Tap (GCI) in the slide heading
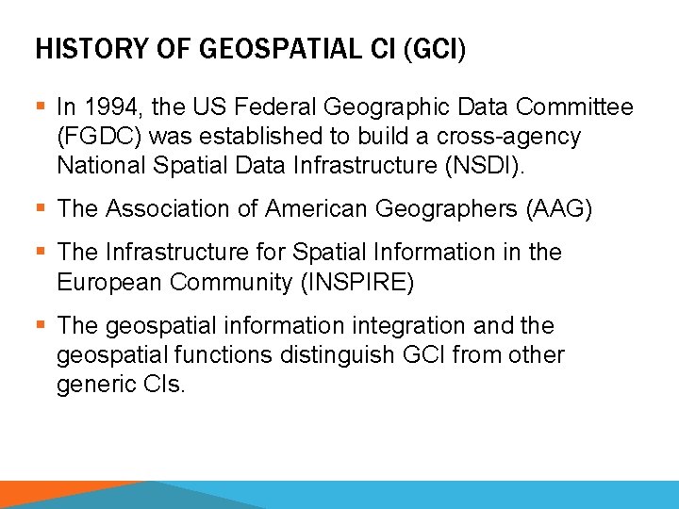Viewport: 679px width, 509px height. point(434,49)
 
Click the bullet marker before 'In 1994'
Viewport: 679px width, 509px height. point(41,108)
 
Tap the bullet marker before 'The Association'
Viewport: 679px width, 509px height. point(41,208)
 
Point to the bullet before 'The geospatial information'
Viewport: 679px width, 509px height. point(41,326)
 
